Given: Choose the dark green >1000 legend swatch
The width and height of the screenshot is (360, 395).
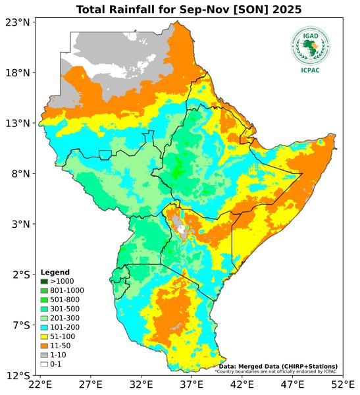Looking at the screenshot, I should coord(44,281).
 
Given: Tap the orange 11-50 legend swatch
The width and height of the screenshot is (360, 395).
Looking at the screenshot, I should coord(44,345).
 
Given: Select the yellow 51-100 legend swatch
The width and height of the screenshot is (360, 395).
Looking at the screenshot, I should coord(44,336).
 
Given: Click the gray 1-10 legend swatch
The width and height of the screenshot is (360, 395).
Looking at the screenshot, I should coord(44,354).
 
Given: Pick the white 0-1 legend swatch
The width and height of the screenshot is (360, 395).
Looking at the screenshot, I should coord(44,363).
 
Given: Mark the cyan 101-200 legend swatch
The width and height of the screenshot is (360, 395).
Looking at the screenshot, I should coord(44,327).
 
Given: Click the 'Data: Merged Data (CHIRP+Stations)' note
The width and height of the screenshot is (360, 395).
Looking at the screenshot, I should coord(278,365).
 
